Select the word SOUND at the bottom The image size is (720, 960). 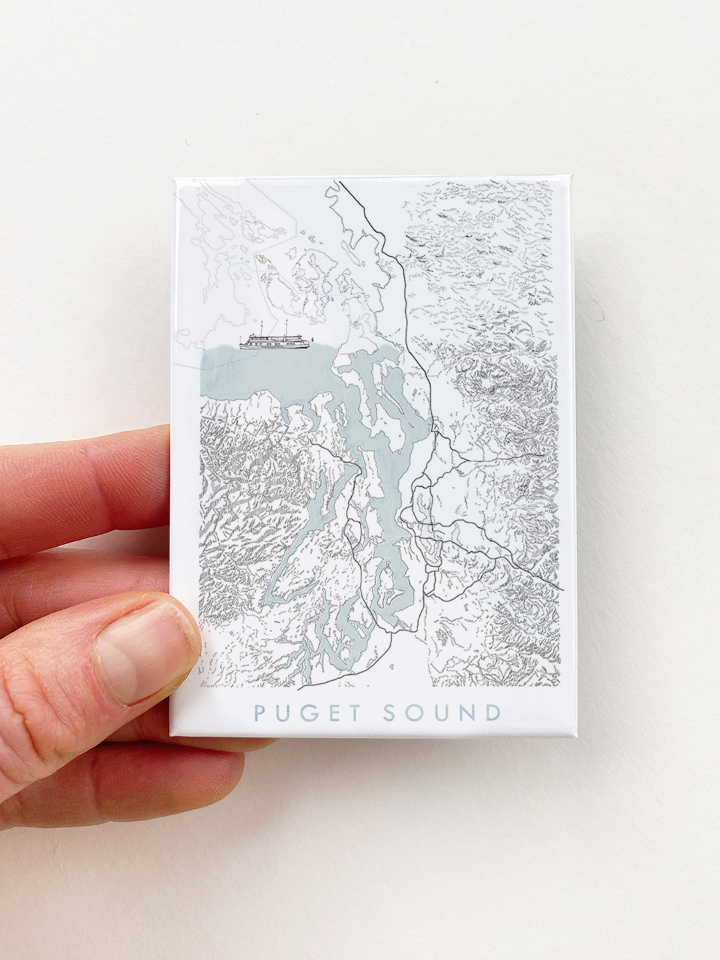441,713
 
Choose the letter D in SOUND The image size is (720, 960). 492,713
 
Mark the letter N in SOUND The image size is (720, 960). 466,713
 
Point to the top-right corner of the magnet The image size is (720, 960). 571,177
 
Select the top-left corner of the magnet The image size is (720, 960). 175,179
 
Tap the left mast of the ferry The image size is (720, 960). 262,328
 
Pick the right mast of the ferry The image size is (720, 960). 285,327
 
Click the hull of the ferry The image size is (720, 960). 273,346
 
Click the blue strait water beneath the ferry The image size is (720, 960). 267,370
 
